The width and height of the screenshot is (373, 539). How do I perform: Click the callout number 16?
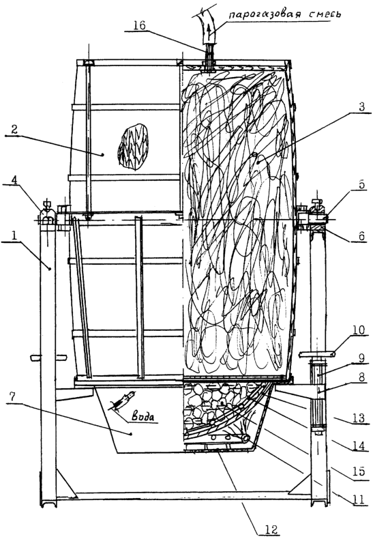click(139, 25)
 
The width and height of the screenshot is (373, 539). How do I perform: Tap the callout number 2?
click(14, 129)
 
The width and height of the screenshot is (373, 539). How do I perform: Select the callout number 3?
click(361, 107)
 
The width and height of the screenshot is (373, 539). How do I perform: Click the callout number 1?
click(14, 236)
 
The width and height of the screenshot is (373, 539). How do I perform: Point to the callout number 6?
click(361, 236)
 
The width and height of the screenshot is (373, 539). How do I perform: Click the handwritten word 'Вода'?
click(143, 416)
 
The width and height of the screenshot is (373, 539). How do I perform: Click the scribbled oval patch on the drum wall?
click(134, 147)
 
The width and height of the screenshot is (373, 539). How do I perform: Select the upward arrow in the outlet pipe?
click(207, 33)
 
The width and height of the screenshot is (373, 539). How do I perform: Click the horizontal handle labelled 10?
click(316, 353)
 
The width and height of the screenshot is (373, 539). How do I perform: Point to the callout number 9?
click(361, 357)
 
